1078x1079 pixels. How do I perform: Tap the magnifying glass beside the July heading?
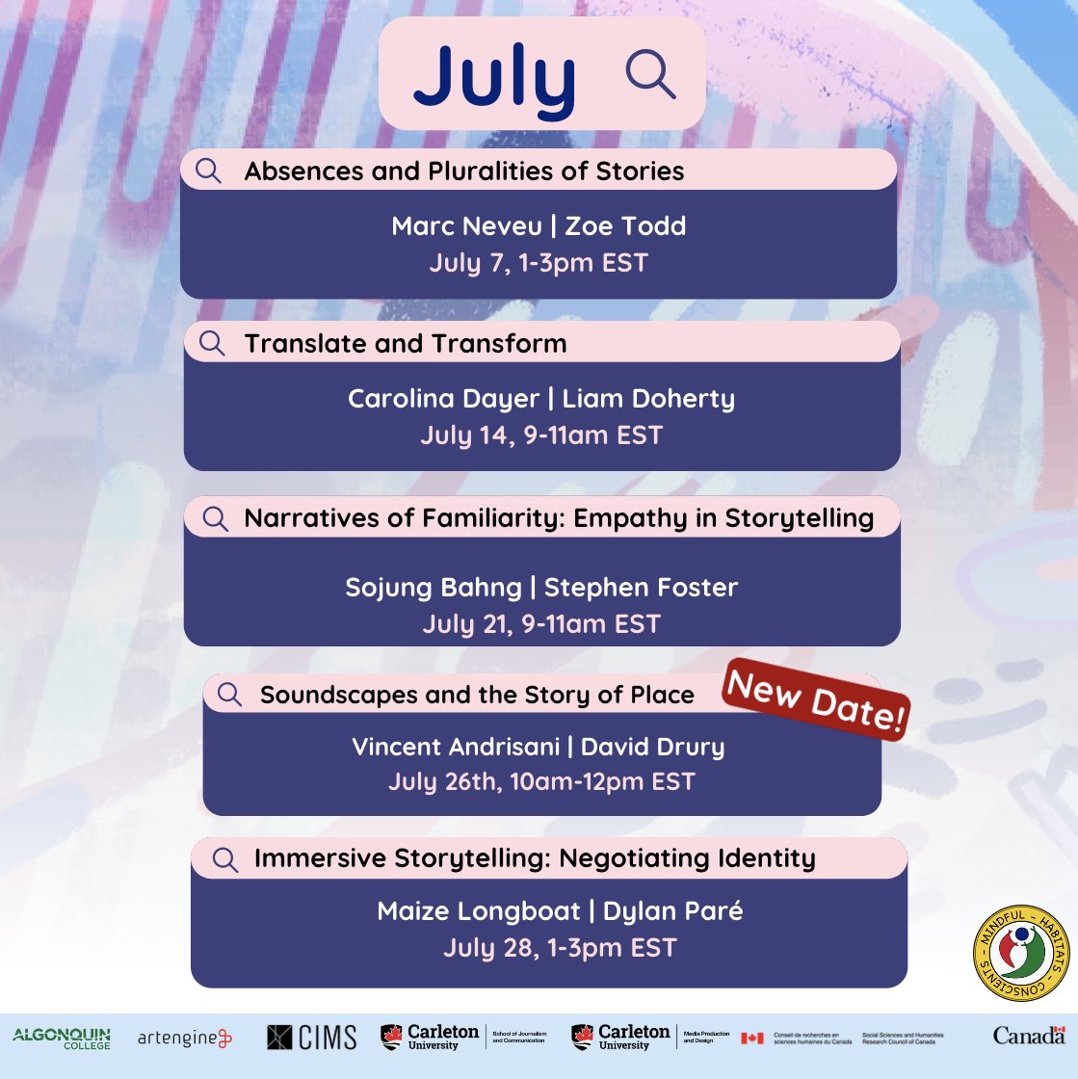pyautogui.click(x=650, y=74)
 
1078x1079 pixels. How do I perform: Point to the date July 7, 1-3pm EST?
pyautogui.click(x=539, y=263)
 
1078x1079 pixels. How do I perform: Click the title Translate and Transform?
pyautogui.click(x=406, y=344)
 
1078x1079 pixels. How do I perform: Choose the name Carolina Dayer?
pyautogui.click(x=445, y=399)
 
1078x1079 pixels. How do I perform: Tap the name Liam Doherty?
pyautogui.click(x=648, y=399)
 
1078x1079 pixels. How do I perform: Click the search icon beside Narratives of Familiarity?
pyautogui.click(x=216, y=518)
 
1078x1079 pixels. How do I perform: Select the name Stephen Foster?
pyautogui.click(x=641, y=588)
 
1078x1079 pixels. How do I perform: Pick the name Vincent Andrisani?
pyautogui.click(x=457, y=747)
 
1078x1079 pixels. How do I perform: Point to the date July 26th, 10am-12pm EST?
pyautogui.click(x=541, y=781)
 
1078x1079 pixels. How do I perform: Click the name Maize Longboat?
pyautogui.click(x=479, y=911)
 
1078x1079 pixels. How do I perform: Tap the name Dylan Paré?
pyautogui.click(x=672, y=911)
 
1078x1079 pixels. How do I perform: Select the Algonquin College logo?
pyautogui.click(x=62, y=1038)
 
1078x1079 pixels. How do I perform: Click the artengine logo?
pyautogui.click(x=185, y=1038)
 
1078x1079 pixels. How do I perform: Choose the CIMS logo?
pyautogui.click(x=312, y=1038)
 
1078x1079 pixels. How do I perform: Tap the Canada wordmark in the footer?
pyautogui.click(x=1029, y=1036)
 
